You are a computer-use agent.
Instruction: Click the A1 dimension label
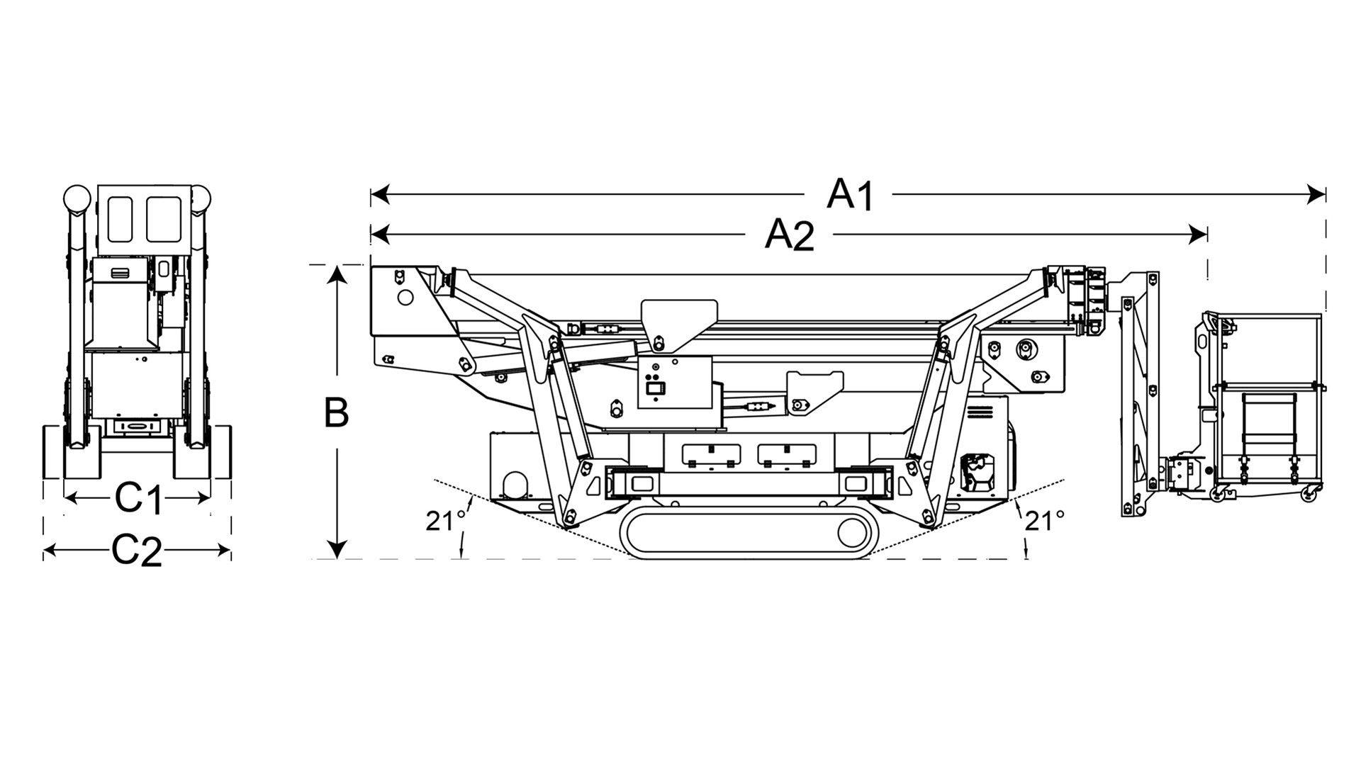tap(851, 194)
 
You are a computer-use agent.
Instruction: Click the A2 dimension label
tap(789, 235)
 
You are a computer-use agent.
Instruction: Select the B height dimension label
tap(336, 412)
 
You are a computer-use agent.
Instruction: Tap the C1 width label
tap(139, 499)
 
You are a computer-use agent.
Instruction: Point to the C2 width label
tap(137, 551)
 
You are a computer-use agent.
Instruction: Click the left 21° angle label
tap(445, 521)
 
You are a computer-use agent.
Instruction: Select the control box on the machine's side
tap(674, 383)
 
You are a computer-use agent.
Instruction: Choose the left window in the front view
tap(120, 219)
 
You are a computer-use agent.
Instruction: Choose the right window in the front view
tap(164, 219)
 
